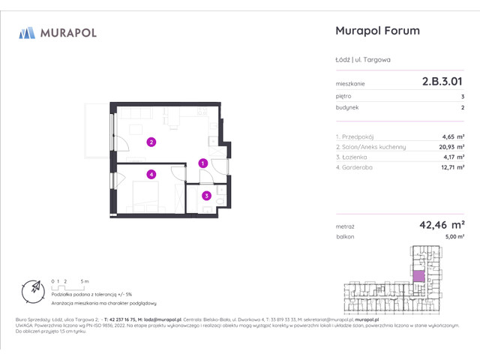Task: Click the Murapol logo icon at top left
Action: pyautogui.click(x=27, y=32)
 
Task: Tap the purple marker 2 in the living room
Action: pyautogui.click(x=151, y=141)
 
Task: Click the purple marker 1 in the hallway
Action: pyautogui.click(x=202, y=163)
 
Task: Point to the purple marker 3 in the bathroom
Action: pyautogui.click(x=206, y=196)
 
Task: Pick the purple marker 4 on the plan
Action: pyautogui.click(x=151, y=175)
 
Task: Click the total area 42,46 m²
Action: pyautogui.click(x=439, y=223)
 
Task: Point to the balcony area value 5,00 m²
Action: pyautogui.click(x=454, y=236)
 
